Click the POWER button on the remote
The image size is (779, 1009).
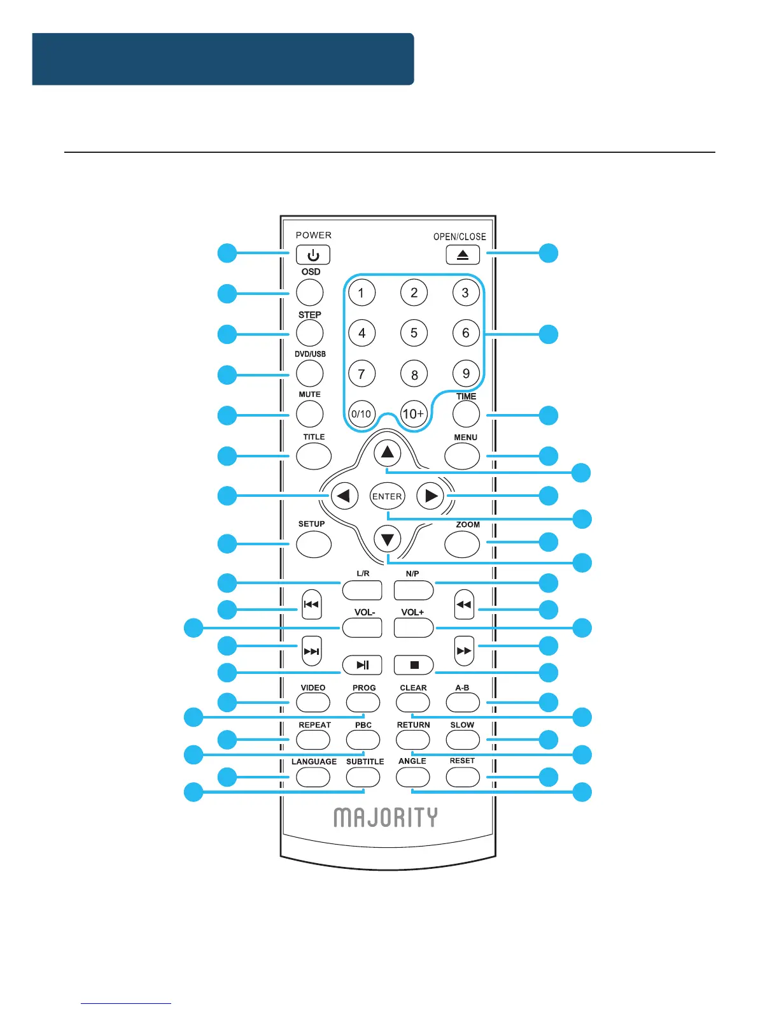[x=313, y=255]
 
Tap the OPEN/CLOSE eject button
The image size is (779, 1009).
[x=463, y=255]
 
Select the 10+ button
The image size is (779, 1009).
[x=413, y=414]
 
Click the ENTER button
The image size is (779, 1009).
[x=387, y=496]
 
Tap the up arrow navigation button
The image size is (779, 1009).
[x=387, y=453]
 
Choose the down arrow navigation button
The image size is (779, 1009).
[x=387, y=540]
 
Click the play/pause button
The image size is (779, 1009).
[x=362, y=665]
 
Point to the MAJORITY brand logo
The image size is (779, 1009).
[x=386, y=817]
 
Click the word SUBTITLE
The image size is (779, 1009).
[x=365, y=762]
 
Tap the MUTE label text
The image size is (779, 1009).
[x=310, y=395]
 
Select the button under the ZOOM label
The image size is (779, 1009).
[x=462, y=544]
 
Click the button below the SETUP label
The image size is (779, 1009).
[x=314, y=544]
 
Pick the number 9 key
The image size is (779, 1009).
[x=466, y=374]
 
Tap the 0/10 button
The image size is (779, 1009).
[x=361, y=414]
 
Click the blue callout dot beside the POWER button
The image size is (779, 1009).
[x=227, y=253]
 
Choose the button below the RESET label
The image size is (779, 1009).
[x=463, y=777]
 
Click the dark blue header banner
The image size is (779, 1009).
[x=223, y=59]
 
